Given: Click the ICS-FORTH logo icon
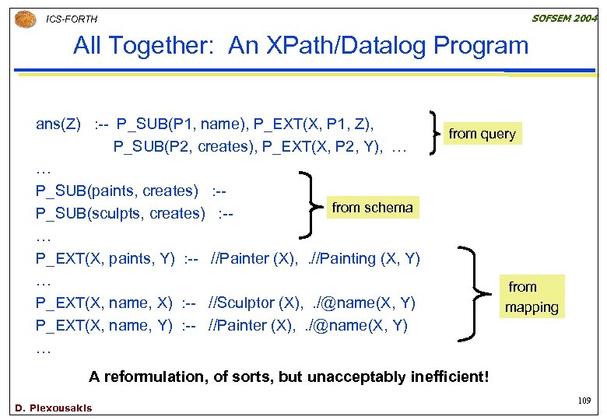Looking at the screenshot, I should click(25, 17).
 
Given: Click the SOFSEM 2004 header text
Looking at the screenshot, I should click(565, 18).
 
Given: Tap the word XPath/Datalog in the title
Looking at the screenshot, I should click(328, 46).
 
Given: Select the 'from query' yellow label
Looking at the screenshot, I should click(482, 134).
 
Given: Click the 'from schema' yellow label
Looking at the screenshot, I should click(372, 207).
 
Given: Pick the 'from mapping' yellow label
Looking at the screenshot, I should click(531, 297).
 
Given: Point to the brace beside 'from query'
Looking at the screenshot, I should click(433, 133).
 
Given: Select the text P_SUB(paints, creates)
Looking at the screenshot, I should click(117, 191).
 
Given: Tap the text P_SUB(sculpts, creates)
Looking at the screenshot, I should click(121, 214).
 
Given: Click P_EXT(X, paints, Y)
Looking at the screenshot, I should click(105, 258).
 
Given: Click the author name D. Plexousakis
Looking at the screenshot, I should click(53, 408).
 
